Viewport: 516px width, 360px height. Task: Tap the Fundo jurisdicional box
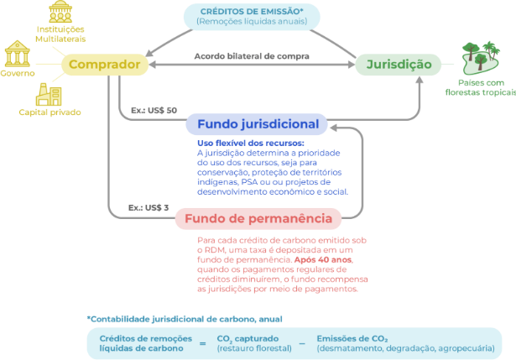pyautogui.click(x=258, y=124)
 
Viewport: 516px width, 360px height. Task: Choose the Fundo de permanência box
pyautogui.click(x=258, y=220)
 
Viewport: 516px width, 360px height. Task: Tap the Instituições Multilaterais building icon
pyautogui.click(x=60, y=11)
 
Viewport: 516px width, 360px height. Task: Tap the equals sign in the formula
pyautogui.click(x=202, y=342)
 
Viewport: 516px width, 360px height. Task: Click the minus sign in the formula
pyautogui.click(x=300, y=342)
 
